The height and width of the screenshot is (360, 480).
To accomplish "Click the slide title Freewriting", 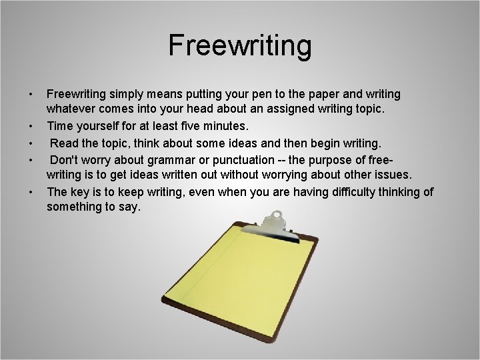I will click(x=239, y=45).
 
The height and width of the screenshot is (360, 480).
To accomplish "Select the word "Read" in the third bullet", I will click(x=65, y=142).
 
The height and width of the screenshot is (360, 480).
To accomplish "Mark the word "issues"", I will click(x=394, y=175).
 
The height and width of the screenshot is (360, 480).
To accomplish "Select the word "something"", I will click(x=73, y=207).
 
